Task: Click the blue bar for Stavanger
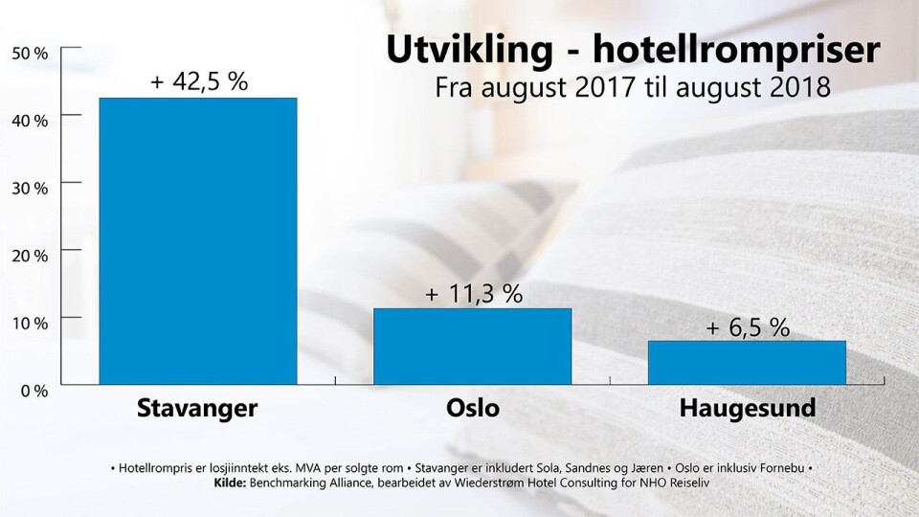(198, 240)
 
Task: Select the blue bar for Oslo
(472, 346)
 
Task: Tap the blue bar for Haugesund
(747, 362)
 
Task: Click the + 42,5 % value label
(199, 82)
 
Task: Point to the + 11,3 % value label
(473, 294)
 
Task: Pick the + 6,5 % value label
(748, 327)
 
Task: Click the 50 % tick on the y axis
(30, 54)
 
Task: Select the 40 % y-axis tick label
(30, 121)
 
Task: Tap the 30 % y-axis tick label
(30, 188)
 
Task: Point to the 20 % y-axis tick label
(30, 256)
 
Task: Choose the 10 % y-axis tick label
(30, 323)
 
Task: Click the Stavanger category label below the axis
(197, 409)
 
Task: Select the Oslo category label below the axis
(473, 409)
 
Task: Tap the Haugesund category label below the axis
(748, 409)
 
